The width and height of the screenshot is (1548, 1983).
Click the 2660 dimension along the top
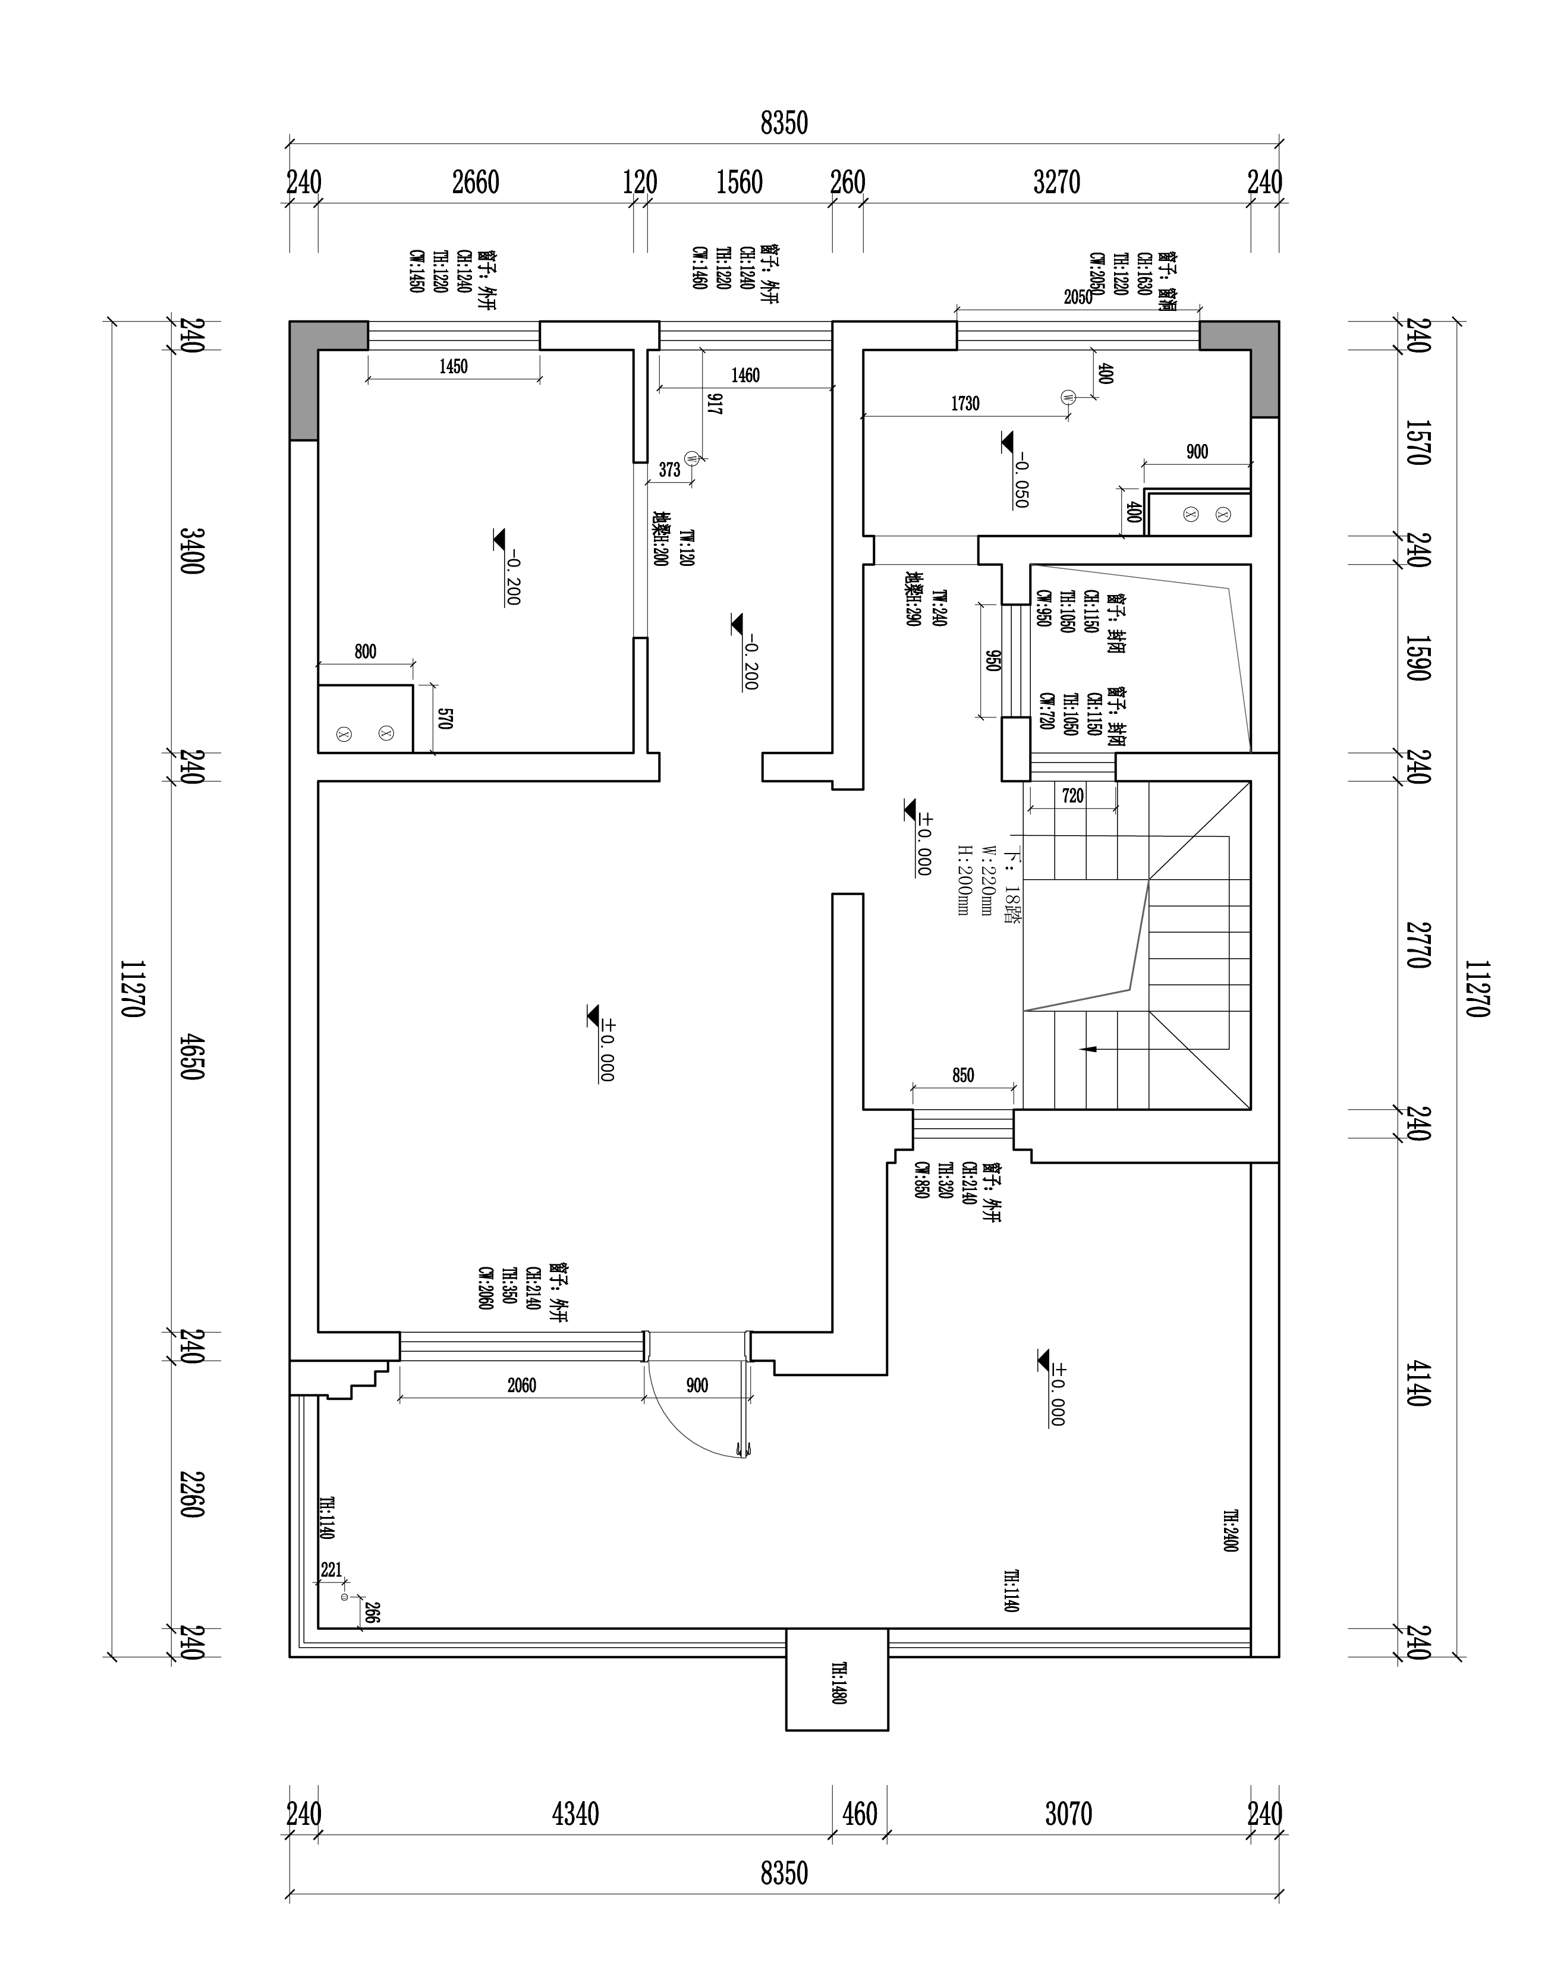476,184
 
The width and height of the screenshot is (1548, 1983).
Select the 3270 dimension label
1057,184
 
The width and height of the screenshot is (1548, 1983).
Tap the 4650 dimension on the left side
191,1055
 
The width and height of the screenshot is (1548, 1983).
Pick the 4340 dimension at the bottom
575,1814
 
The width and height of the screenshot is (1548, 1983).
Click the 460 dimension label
860,1814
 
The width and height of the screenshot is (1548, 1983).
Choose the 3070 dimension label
1068,1814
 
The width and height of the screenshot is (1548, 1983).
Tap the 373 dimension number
669,470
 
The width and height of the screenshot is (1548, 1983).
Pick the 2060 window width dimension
521,1386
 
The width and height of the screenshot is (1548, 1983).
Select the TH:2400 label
1229,1531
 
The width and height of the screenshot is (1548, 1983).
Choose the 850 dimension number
963,1076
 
